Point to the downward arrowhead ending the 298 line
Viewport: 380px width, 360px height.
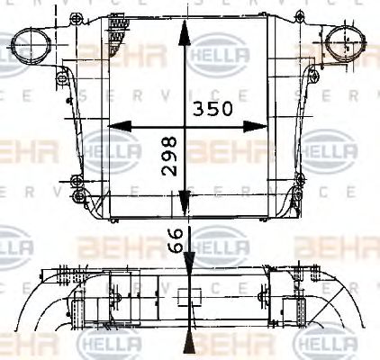coord(184,209)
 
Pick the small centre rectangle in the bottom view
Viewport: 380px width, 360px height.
coord(188,298)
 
